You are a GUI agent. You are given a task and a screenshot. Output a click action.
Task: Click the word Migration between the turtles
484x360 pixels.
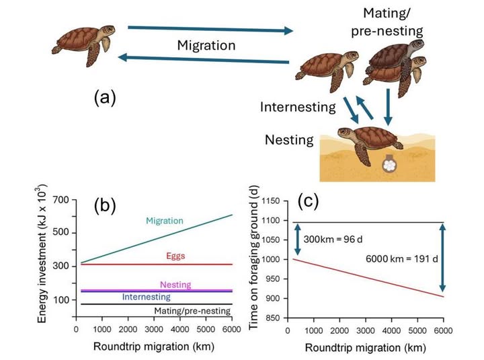pyautogui.click(x=206, y=46)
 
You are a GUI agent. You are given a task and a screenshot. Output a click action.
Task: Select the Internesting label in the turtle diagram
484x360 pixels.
pyautogui.click(x=298, y=107)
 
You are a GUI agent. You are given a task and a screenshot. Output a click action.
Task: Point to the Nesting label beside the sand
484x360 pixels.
pyautogui.click(x=289, y=140)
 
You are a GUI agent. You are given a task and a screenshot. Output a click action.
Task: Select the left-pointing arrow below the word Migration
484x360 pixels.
pyautogui.click(x=205, y=61)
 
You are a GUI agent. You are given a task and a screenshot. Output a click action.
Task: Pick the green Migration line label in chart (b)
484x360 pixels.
pyautogui.click(x=165, y=221)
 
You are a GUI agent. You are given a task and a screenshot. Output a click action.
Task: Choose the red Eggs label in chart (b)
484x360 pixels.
pyautogui.click(x=176, y=256)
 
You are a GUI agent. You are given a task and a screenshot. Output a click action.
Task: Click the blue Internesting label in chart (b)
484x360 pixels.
pyautogui.click(x=147, y=296)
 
